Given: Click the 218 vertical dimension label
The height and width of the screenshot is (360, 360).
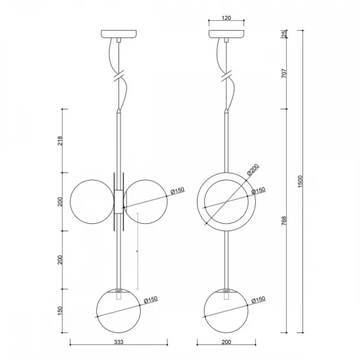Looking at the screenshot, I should coord(60,141).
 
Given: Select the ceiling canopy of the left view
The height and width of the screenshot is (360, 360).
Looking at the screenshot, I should coord(118,34).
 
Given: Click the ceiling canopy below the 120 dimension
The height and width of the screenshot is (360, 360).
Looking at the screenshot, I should coord(226,34).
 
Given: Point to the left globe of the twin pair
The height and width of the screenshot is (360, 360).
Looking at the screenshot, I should coord(92,202).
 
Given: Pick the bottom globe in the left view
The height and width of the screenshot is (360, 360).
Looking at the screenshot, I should coord(118,312).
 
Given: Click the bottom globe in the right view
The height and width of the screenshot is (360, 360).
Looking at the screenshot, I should coord(226,312).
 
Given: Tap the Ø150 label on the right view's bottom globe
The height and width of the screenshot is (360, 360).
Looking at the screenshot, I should coord(258,299).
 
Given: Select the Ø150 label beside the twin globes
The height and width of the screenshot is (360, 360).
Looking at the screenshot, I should coord(177,190).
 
